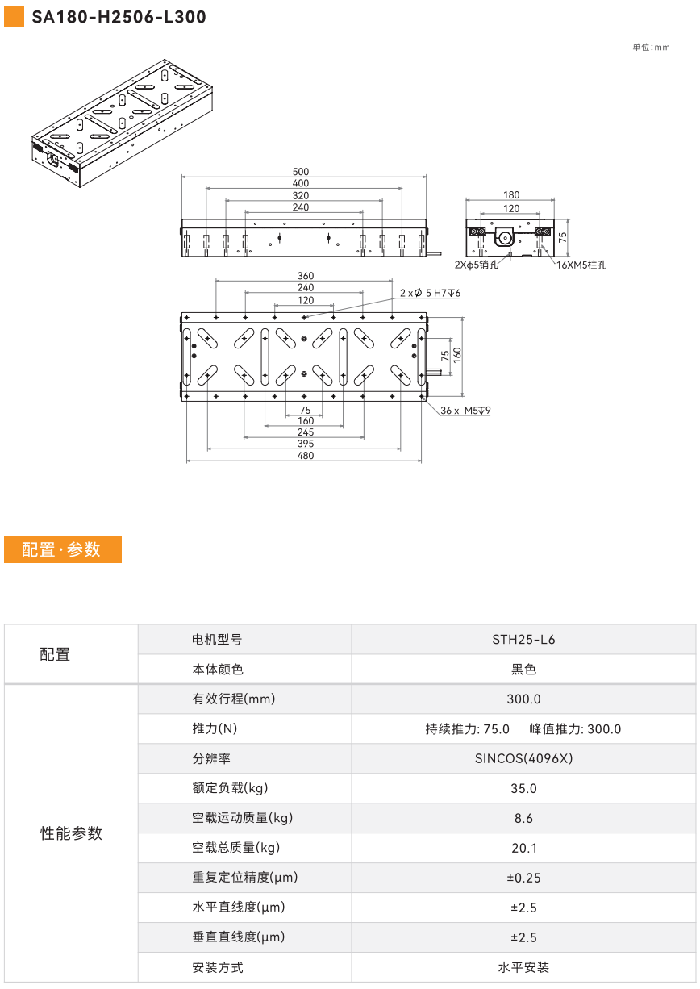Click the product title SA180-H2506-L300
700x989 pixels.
point(119,17)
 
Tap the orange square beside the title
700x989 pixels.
point(14,17)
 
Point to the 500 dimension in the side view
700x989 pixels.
point(301,171)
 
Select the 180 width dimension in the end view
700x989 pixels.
point(511,194)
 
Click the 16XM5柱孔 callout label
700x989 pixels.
point(581,265)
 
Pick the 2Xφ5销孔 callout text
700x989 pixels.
point(477,265)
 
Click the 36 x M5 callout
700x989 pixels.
point(465,410)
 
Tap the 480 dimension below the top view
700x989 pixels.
point(306,455)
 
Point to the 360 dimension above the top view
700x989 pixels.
point(306,276)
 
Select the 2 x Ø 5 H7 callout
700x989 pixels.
point(430,293)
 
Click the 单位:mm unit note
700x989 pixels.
point(651,48)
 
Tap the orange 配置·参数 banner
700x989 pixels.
point(63,549)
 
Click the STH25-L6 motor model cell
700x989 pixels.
point(523,640)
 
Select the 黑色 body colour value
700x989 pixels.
point(523,670)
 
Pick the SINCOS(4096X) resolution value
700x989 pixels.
point(523,758)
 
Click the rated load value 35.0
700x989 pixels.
point(523,788)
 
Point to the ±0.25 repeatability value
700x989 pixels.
point(523,878)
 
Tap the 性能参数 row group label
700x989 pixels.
point(71,833)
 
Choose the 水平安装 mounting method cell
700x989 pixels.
point(523,968)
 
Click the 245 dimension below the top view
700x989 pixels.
point(306,432)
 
